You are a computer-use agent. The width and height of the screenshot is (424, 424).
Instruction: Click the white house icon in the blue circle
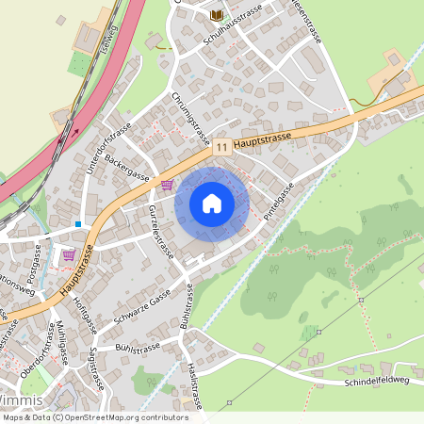point(212,203)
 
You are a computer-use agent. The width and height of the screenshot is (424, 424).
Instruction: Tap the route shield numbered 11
point(221,147)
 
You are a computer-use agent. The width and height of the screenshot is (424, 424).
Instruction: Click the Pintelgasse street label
point(279,203)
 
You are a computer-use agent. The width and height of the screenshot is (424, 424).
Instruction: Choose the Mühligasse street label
point(62,346)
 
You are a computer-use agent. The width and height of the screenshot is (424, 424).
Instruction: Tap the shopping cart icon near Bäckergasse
point(168,185)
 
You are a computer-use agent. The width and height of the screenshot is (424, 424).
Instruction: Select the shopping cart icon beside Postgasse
point(69,254)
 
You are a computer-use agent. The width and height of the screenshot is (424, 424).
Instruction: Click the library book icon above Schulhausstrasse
point(218,14)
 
